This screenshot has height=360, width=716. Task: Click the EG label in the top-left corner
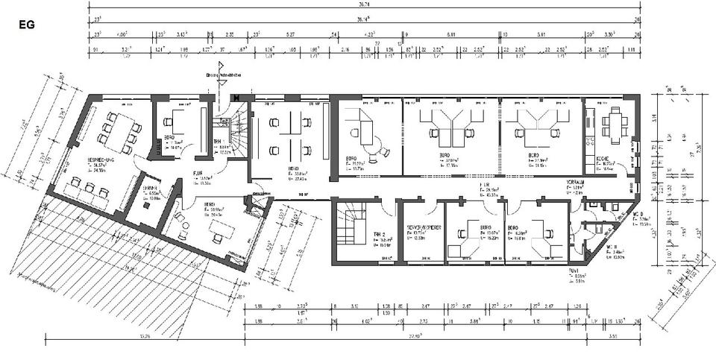[x=25, y=24]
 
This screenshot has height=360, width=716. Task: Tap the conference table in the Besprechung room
[x=118, y=128]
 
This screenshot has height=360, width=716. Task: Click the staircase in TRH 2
[x=350, y=227]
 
